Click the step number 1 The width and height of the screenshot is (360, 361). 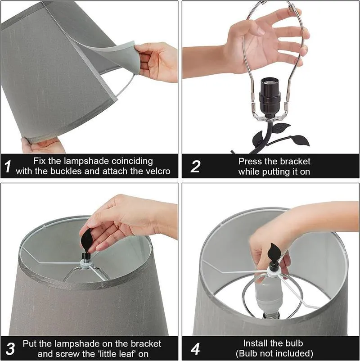8,167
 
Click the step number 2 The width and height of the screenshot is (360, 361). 195,167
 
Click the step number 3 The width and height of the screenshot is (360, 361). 10,348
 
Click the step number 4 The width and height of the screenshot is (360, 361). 195,348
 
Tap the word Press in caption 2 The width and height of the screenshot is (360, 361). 250,161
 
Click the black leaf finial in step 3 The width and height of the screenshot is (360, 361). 88,239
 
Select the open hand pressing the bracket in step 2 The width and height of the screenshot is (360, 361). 265,41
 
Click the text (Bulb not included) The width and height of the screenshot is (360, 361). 274,353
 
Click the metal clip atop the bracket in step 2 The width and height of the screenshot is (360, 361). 294,8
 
